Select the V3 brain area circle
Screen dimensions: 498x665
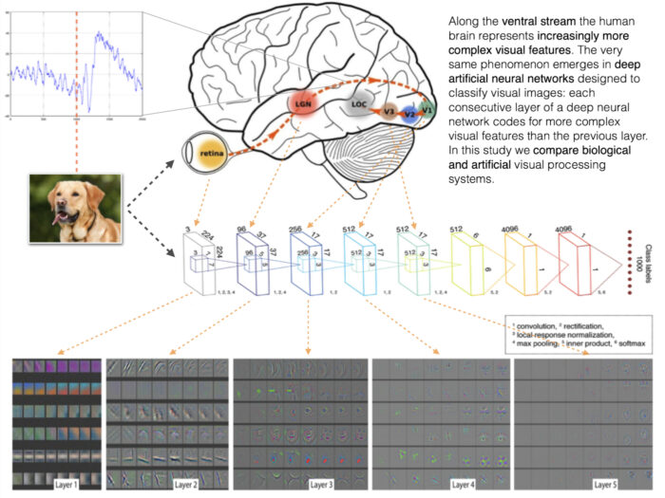(x=389, y=114)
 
